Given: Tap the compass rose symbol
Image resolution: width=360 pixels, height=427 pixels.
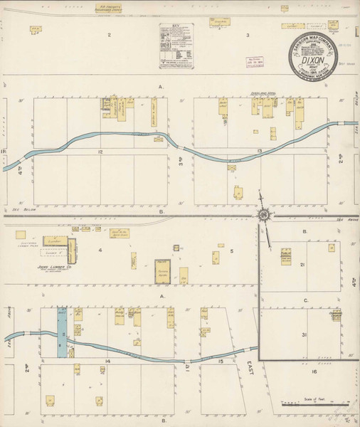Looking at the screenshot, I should [263, 214].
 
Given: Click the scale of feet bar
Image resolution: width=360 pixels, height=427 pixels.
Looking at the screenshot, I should [313, 403].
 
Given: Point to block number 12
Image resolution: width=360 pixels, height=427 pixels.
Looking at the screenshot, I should [101, 152].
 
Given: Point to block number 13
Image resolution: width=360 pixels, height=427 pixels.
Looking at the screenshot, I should [260, 152].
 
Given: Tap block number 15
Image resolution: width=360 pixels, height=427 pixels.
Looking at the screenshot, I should [221, 362].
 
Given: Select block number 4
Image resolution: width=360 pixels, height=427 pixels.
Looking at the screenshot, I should [100, 251].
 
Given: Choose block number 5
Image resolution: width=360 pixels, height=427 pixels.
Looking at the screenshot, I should [231, 251].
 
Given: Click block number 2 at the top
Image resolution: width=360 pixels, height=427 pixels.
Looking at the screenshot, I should [110, 34].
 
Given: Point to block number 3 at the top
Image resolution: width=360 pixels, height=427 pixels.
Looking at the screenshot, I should [247, 34].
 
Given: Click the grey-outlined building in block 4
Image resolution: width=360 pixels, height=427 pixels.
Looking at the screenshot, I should [164, 270].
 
